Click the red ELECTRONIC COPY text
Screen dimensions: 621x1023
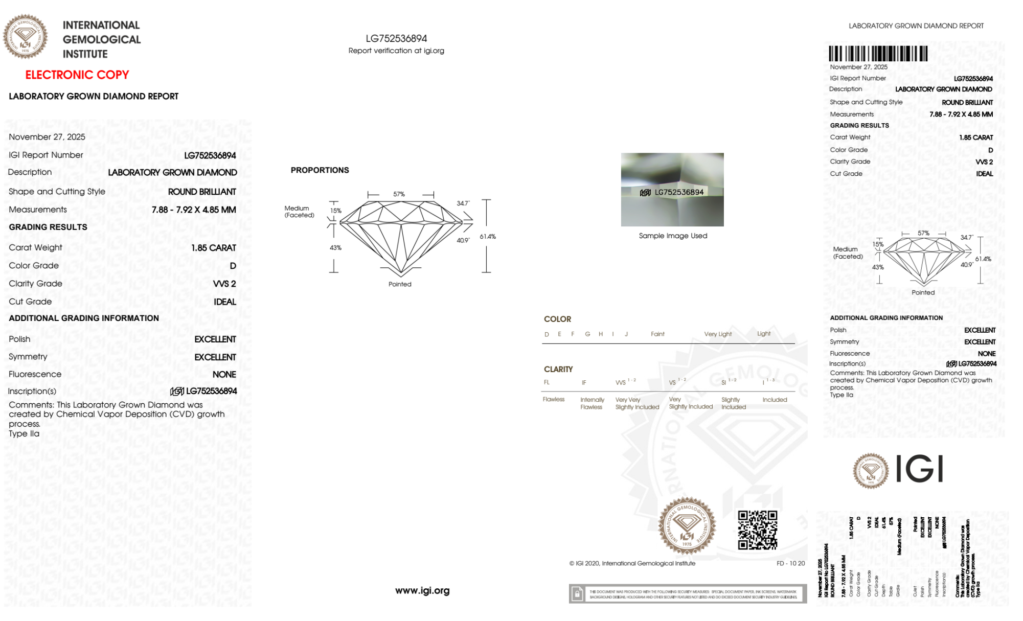point(77,75)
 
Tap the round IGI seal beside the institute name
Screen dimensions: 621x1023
point(25,37)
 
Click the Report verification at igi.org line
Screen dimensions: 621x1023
point(396,51)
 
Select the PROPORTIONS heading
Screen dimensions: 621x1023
point(320,170)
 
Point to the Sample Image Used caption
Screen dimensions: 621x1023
point(673,236)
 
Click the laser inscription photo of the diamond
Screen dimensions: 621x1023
point(672,190)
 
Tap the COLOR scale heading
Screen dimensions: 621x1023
point(557,319)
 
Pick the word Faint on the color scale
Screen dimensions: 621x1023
point(657,334)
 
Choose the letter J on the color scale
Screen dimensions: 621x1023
point(626,334)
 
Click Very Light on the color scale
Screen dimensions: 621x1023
point(718,334)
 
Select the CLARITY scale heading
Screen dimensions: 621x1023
point(558,369)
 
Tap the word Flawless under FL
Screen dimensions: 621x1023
point(554,399)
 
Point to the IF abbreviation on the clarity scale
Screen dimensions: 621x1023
point(584,382)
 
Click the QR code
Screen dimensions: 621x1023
point(758,530)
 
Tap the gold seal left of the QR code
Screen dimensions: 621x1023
point(687,526)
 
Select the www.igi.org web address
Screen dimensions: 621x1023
point(422,590)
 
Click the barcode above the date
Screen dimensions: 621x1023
point(878,54)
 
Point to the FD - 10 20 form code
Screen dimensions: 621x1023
point(790,563)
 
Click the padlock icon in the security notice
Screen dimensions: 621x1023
point(577,594)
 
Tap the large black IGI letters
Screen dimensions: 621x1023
point(920,469)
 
